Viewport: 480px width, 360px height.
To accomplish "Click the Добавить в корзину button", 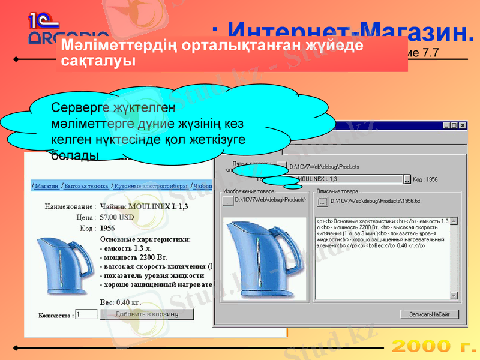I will pyautogui.click(x=147, y=314).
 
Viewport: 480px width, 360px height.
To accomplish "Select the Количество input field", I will pyautogui.click(x=86, y=314).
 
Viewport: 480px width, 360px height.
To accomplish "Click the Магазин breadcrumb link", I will pyautogui.click(x=46, y=186).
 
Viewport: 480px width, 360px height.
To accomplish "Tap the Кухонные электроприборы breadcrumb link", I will pyautogui.click(x=151, y=186).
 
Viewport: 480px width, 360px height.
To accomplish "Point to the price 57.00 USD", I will pyautogui.click(x=117, y=217).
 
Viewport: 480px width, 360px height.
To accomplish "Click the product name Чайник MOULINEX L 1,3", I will pyautogui.click(x=143, y=207).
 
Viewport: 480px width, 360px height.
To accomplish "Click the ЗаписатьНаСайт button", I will pyautogui.click(x=430, y=314).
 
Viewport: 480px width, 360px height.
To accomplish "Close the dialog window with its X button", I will pyautogui.click(x=463, y=125).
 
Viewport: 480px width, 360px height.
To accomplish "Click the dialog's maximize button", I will pyautogui.click(x=455, y=125).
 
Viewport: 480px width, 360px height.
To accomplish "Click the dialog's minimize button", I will pyautogui.click(x=447, y=125).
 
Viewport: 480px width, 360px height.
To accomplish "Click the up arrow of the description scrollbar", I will pyautogui.click(x=454, y=221).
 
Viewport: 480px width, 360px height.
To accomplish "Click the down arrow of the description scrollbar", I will pyautogui.click(x=454, y=295).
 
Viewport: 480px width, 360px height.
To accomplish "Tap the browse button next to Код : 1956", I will pyautogui.click(x=407, y=179).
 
